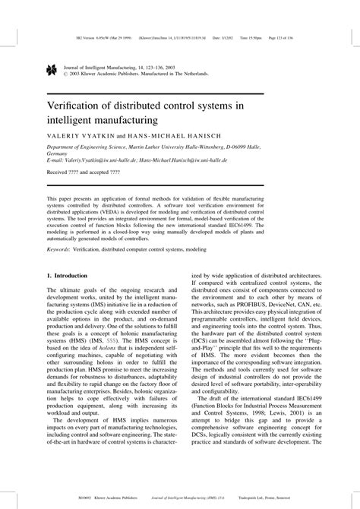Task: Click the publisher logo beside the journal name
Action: coord(51,70)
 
